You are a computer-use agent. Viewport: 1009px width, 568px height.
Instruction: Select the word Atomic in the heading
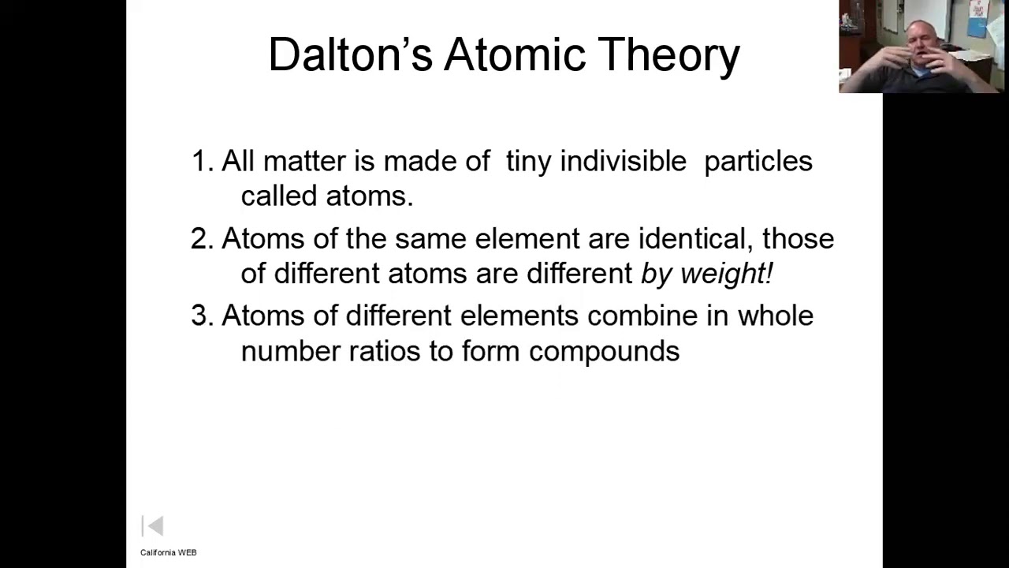coord(516,54)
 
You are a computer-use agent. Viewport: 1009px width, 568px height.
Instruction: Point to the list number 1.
coord(201,161)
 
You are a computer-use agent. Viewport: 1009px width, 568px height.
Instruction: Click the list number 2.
coord(201,238)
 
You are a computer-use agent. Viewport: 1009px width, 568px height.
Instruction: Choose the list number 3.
coord(201,316)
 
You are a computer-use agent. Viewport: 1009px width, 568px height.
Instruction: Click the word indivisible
coord(623,161)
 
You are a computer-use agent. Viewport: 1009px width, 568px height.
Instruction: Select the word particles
coord(758,162)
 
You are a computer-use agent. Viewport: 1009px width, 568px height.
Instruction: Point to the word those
coord(798,238)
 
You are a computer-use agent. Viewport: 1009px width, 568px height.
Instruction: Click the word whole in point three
coord(775,316)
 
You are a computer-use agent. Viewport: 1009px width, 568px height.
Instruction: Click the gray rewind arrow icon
coord(153,526)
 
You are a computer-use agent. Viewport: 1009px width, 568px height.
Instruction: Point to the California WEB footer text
coord(168,552)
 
